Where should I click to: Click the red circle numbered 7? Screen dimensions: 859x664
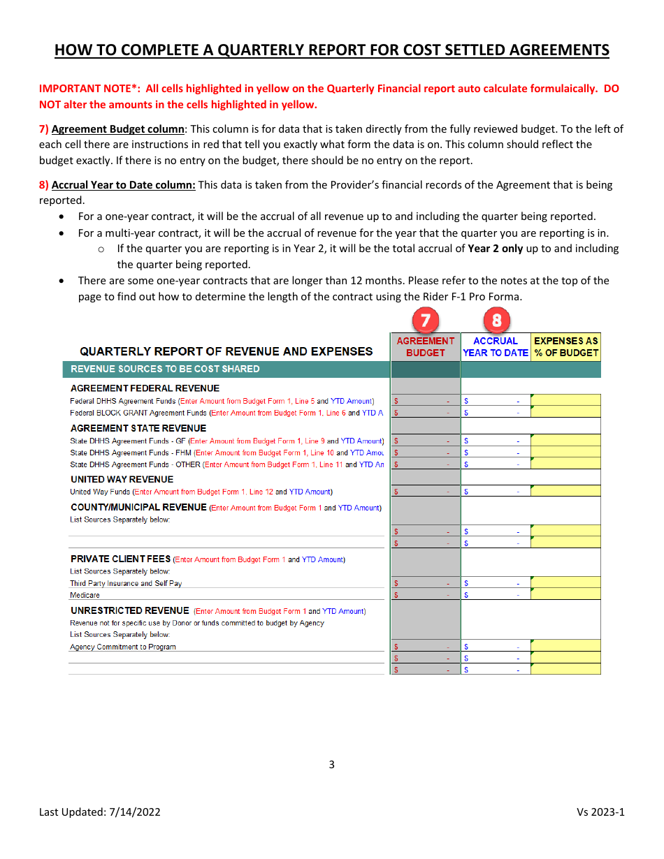(x=426, y=321)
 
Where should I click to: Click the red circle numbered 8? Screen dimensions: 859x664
(x=496, y=321)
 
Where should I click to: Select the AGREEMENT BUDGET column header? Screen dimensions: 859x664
(x=426, y=346)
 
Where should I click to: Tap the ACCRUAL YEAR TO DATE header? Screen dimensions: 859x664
(x=496, y=346)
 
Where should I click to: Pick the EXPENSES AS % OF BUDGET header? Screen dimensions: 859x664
(x=565, y=346)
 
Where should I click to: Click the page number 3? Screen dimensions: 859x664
(x=331, y=764)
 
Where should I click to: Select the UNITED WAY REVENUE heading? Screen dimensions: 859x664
(x=122, y=479)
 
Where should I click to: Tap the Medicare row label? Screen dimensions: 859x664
(x=85, y=595)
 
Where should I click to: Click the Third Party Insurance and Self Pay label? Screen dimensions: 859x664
(x=126, y=583)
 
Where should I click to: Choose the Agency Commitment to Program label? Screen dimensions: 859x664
(x=123, y=647)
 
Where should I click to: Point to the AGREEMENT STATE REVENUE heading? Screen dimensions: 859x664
(x=138, y=428)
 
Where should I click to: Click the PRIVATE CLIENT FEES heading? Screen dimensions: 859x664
(x=120, y=559)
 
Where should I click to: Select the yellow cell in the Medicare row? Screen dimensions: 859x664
(x=565, y=594)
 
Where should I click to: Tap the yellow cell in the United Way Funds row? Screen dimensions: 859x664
(x=565, y=491)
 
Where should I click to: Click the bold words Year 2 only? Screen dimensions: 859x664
(x=495, y=249)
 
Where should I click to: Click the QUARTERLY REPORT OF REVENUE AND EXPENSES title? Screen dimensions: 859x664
(x=226, y=351)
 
